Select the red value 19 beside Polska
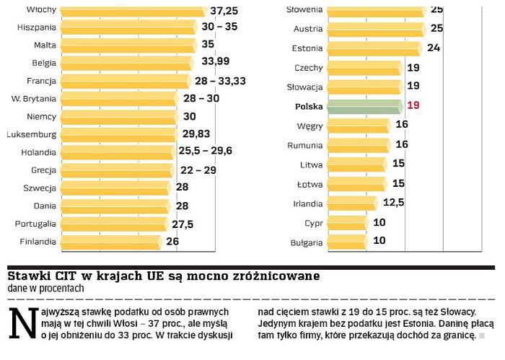pyautogui.click(x=413, y=106)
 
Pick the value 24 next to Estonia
pyautogui.click(x=434, y=48)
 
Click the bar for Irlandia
pyautogui.click(x=352, y=203)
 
